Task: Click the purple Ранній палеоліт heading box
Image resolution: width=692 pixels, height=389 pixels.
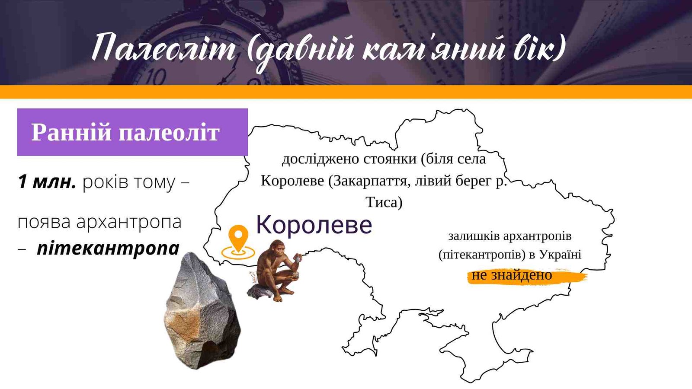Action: click(x=132, y=132)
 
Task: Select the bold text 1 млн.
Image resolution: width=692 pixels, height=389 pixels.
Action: click(x=47, y=182)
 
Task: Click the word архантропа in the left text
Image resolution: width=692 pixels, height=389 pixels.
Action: click(x=129, y=222)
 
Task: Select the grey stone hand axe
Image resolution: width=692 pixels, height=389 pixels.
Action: click(x=203, y=311)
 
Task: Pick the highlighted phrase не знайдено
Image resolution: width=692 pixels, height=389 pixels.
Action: click(x=512, y=275)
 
